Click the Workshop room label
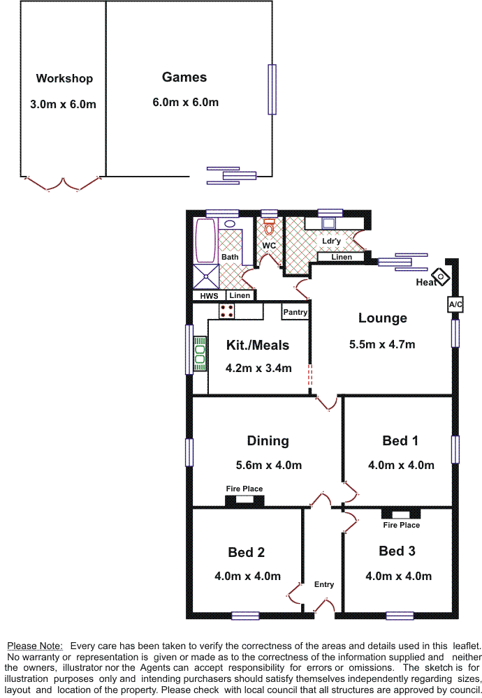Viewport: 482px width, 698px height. point(64,79)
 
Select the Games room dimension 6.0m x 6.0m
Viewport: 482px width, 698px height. point(185,103)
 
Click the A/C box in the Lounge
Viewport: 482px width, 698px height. point(455,305)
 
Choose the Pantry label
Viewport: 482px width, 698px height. point(295,312)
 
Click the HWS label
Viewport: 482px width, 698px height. point(209,296)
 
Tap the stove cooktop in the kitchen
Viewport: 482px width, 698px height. point(227,311)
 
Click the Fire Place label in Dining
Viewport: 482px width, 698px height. point(244,489)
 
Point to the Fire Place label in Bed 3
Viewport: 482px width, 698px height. point(401,525)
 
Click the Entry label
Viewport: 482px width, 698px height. point(324,584)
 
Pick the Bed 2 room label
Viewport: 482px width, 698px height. point(246,553)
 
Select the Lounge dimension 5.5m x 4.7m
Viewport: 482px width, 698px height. point(382,344)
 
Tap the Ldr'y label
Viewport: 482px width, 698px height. point(331,242)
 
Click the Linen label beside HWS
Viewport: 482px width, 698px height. point(240,296)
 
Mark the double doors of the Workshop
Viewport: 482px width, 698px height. point(64,184)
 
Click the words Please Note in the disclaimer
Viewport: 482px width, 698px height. point(35,646)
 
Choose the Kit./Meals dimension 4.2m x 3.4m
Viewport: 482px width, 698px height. point(258,369)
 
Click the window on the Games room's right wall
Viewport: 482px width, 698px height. point(272,89)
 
